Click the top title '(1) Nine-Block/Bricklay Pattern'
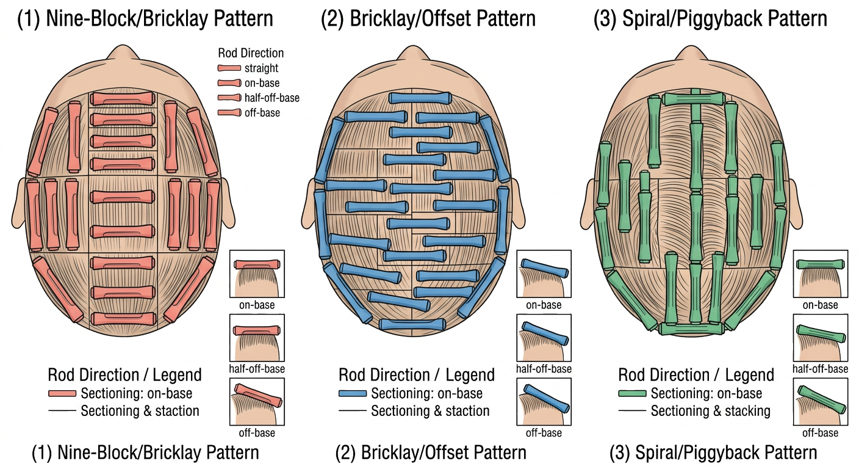[145, 19]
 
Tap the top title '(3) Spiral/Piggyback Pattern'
[710, 19]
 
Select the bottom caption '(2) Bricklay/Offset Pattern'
[431, 453]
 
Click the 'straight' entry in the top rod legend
[261, 68]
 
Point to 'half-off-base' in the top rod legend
[271, 98]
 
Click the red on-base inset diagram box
[256, 274]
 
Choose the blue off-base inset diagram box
[544, 402]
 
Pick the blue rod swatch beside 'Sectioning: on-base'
[353, 394]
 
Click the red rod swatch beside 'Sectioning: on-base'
[62, 394]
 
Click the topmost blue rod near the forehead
[419, 98]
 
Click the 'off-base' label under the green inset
[820, 433]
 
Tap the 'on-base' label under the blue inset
[544, 305]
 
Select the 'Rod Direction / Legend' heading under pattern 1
[124, 374]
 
